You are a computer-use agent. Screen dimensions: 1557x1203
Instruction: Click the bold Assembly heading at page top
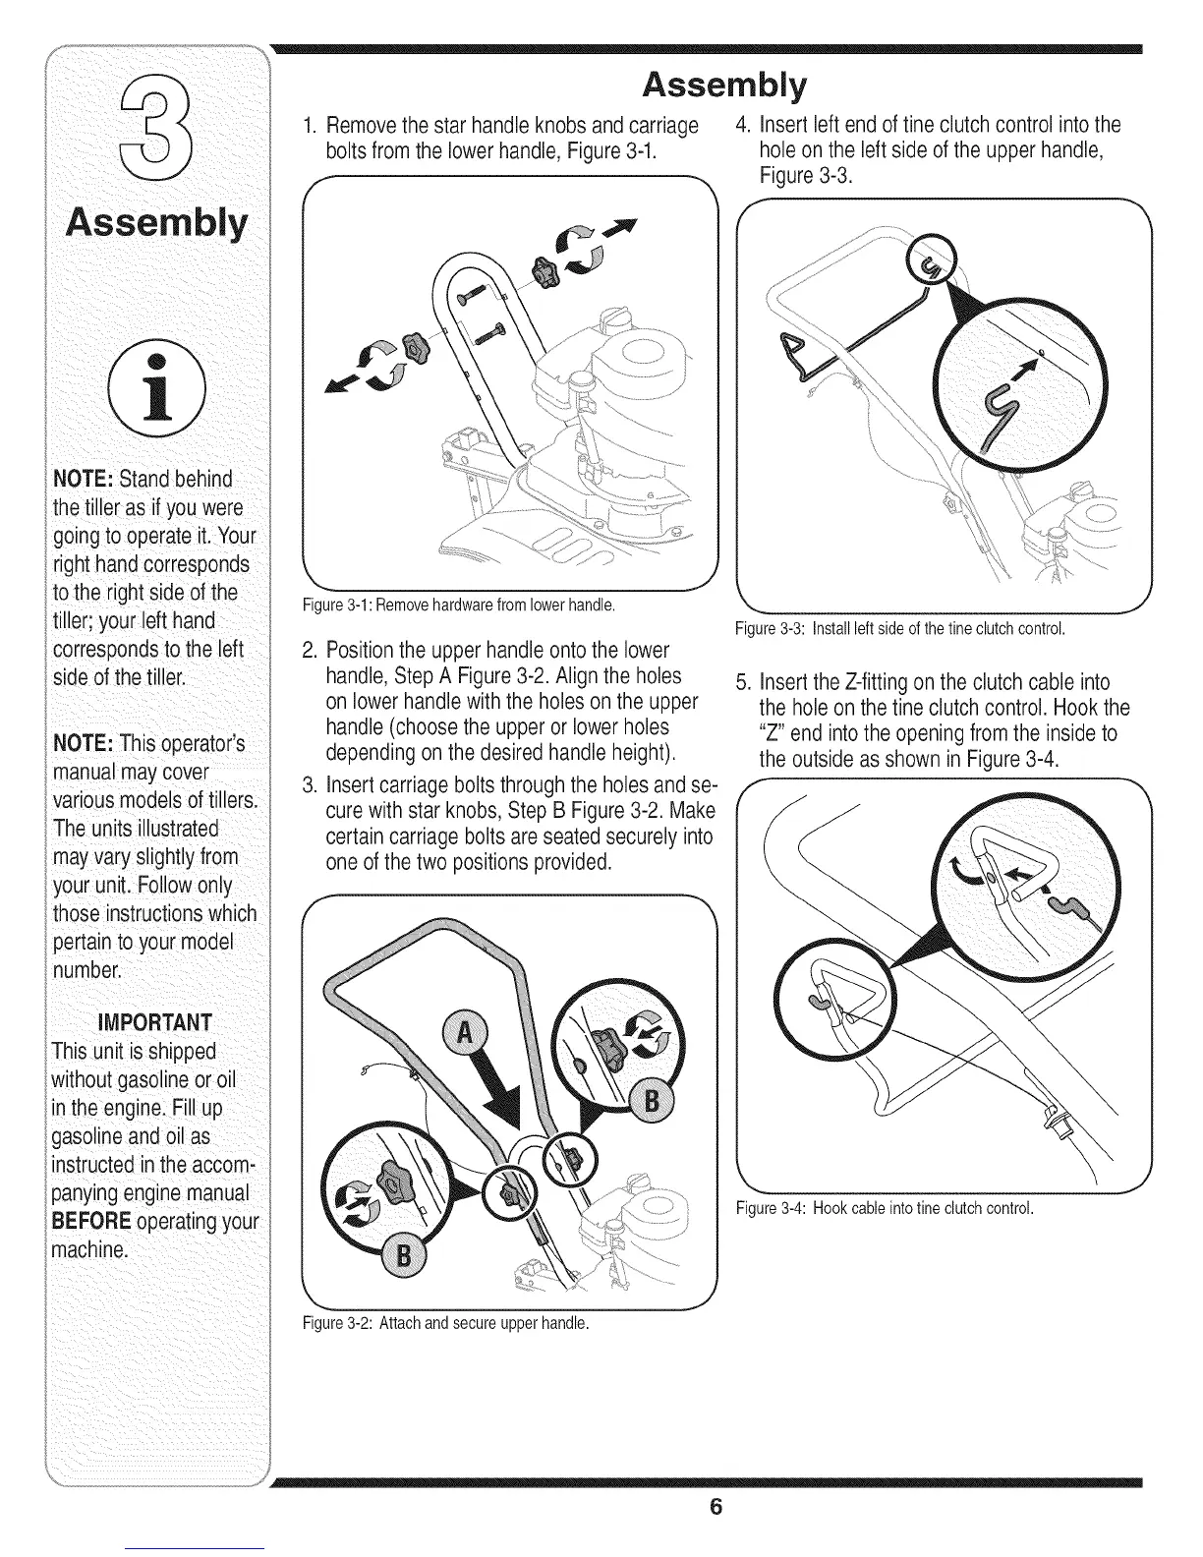pyautogui.click(x=723, y=86)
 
